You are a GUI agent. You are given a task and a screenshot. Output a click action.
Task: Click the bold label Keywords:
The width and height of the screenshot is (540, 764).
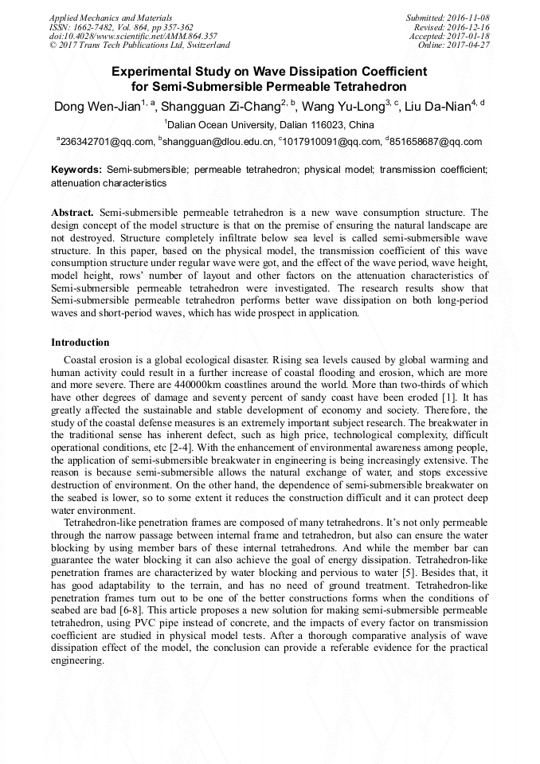pyautogui.click(x=76, y=170)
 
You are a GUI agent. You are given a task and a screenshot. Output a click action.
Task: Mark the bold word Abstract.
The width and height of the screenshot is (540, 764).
pyautogui.click(x=72, y=214)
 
